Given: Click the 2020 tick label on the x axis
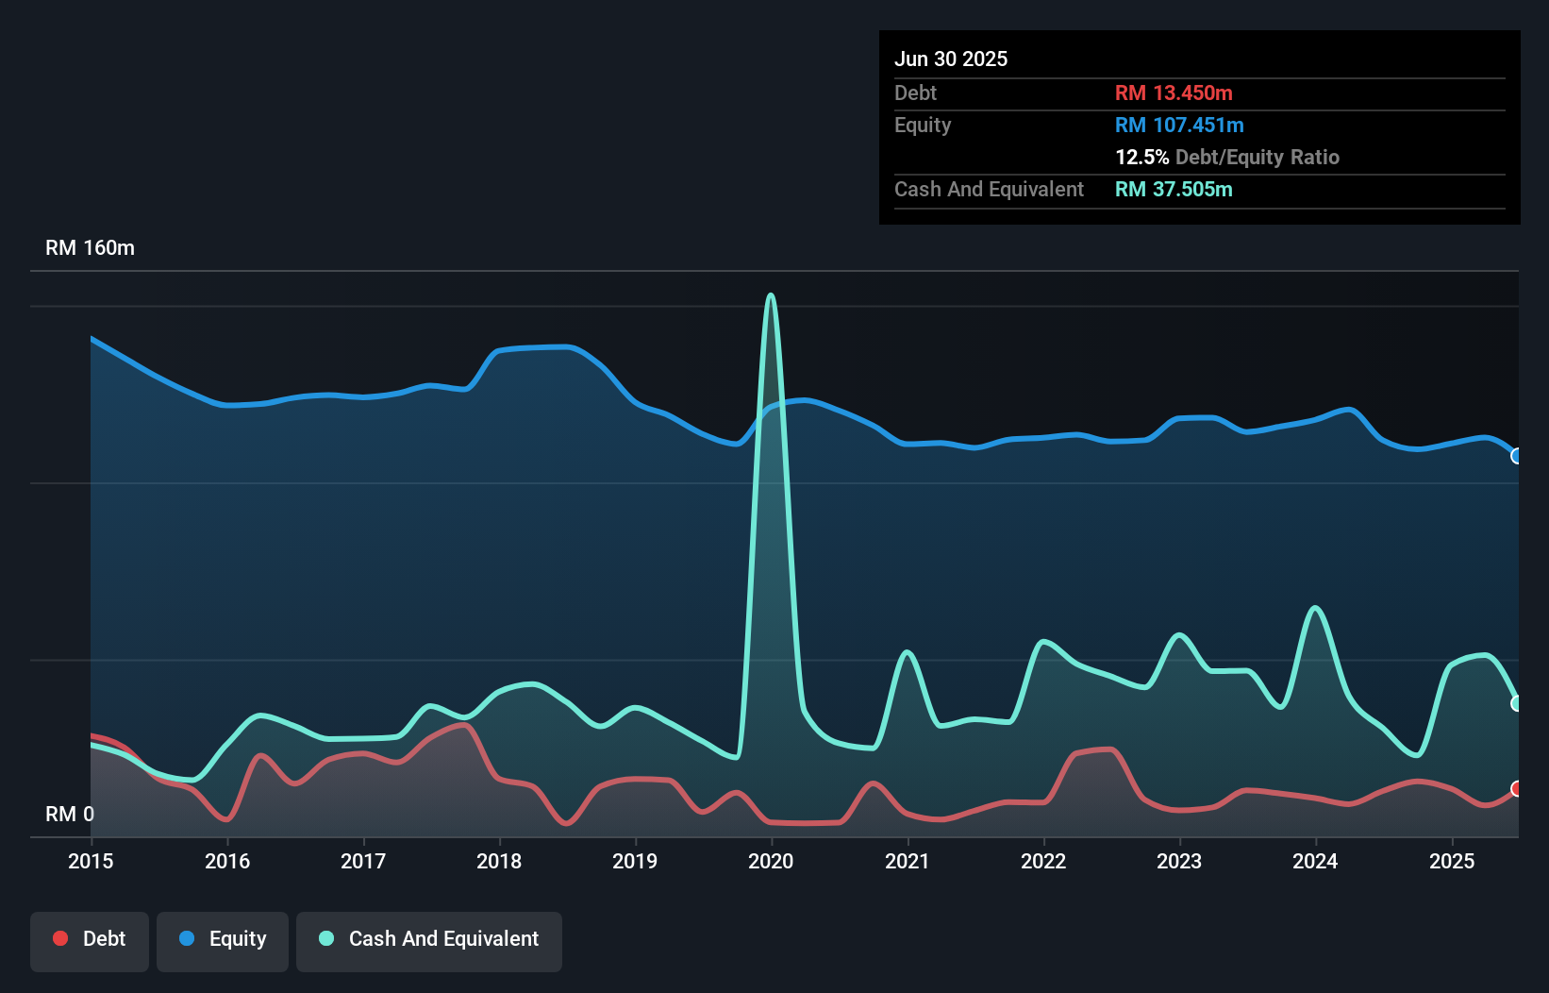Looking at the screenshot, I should point(771,861).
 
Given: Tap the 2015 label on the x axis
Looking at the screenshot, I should point(91,861).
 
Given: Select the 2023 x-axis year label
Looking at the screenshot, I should point(1179,861).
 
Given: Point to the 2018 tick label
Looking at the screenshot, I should point(499,861).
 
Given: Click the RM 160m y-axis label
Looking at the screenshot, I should point(90,248).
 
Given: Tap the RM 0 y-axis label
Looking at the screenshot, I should point(70,814).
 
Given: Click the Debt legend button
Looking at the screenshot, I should point(90,939).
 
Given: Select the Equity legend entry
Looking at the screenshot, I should point(223,939).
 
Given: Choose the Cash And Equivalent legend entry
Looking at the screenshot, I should point(429,939).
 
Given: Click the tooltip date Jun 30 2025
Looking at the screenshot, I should point(951,59).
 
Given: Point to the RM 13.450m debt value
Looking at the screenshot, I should point(1174,93).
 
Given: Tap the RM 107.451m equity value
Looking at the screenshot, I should point(1179,126).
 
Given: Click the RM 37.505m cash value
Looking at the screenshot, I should point(1174,190).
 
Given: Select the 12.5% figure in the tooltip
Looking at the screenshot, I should point(1141,158).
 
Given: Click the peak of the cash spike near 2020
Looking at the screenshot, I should point(772,295).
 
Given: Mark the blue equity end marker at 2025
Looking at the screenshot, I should point(1517,456).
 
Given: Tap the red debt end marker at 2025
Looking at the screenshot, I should point(1517,788).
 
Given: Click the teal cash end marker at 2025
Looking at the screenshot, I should point(1517,703).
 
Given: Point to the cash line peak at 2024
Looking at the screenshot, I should point(1315,608).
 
